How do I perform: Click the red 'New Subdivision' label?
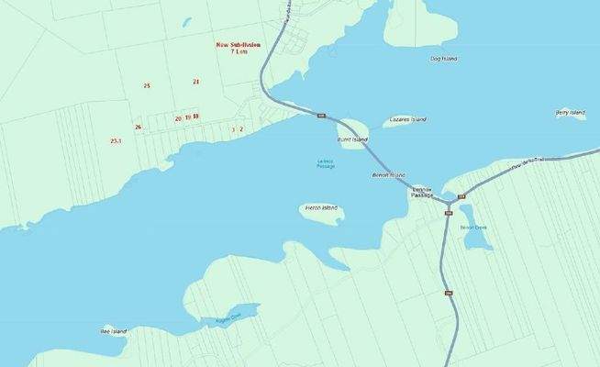point(239,44)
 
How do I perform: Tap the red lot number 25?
point(147,85)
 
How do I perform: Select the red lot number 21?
point(196,82)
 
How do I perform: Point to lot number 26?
point(138,127)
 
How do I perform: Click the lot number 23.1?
point(116,141)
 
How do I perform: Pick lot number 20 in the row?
point(178,118)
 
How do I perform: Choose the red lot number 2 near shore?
point(241,129)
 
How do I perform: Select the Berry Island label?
point(570,113)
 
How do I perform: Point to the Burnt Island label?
point(352,139)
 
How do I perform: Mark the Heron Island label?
point(320,208)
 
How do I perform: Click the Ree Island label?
point(114,330)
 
